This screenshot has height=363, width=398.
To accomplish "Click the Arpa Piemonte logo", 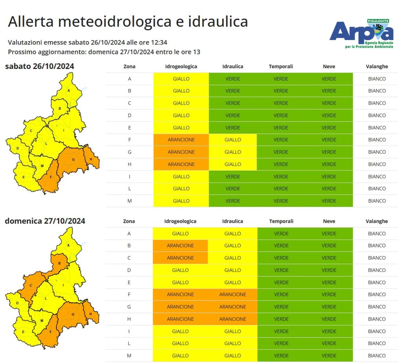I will pos(361,33).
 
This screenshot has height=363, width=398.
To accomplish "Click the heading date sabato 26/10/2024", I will pos(39,66).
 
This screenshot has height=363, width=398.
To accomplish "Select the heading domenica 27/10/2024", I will pos(45,221).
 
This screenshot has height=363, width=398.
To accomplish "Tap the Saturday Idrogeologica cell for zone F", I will pos(181,140).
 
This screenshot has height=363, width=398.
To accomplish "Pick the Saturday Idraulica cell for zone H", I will pos(233,164).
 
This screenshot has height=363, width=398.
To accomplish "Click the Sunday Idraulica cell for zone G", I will pos(233,307).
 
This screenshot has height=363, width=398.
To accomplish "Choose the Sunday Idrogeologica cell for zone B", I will pos(180,246).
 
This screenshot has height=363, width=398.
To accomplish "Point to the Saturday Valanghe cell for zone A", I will pos(377,79).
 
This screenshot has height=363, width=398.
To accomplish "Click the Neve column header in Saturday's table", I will pos(329,67).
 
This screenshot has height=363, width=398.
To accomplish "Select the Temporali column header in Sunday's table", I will pos(281,221).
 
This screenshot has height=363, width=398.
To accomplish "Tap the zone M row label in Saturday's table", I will pos(129,201).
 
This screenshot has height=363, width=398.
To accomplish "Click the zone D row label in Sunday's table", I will pos(129,270).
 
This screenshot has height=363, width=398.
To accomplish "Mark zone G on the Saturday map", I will pos(73,159).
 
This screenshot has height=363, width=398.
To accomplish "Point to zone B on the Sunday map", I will pos(59,263).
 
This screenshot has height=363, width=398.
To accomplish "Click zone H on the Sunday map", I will pos(90,313).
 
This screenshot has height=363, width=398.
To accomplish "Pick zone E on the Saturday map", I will pos(23,177).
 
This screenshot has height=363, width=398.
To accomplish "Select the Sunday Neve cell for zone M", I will pos(329,356).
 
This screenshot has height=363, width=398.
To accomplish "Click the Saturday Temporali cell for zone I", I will pos(281,177).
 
